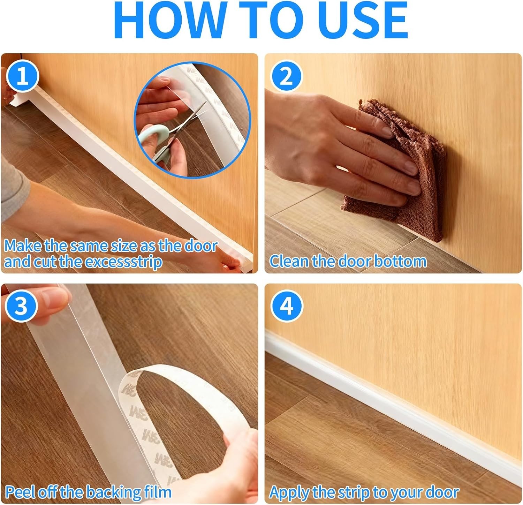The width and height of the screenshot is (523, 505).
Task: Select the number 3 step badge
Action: point(21,307)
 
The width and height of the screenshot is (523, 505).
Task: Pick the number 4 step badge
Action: point(287,307)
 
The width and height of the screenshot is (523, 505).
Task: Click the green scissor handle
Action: point(159,138)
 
